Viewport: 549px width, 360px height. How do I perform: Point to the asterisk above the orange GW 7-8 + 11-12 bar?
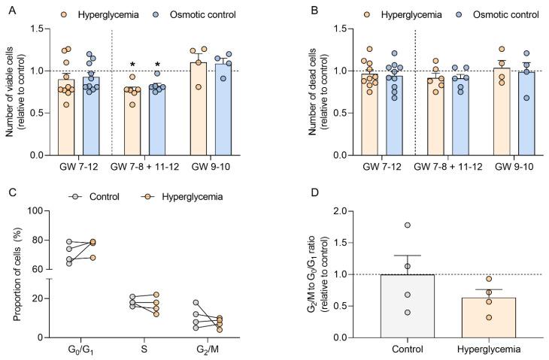[x=132, y=65]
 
